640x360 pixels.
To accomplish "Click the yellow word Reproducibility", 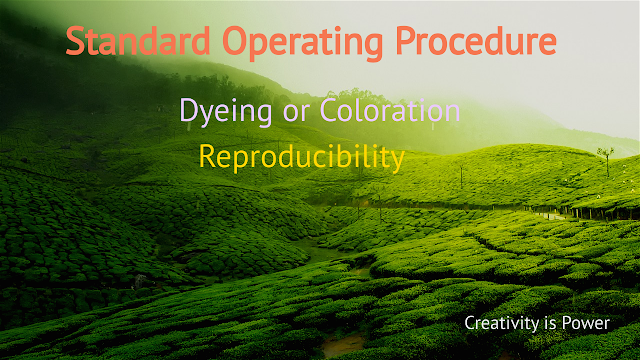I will coord(301,158).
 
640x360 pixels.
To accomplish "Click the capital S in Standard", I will coord(76,42).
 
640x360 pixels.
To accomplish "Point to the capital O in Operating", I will coord(236,42).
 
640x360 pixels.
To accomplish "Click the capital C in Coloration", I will coord(330,110).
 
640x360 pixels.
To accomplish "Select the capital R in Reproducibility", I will coord(207,157).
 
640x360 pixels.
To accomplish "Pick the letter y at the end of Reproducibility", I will coord(398,161).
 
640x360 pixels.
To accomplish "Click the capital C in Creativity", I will coord(470,322).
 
